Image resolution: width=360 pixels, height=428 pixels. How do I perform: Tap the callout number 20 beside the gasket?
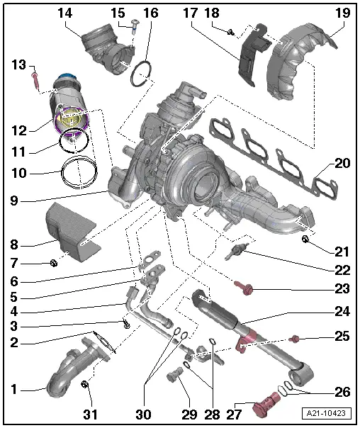(x=343, y=164)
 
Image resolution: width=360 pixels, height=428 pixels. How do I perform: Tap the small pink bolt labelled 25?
(x=295, y=338)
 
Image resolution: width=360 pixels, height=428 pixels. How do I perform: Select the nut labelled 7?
(x=53, y=264)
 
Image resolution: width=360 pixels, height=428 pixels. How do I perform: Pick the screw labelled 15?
(x=135, y=27)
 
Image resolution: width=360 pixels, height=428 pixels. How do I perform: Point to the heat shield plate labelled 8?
(x=67, y=227)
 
